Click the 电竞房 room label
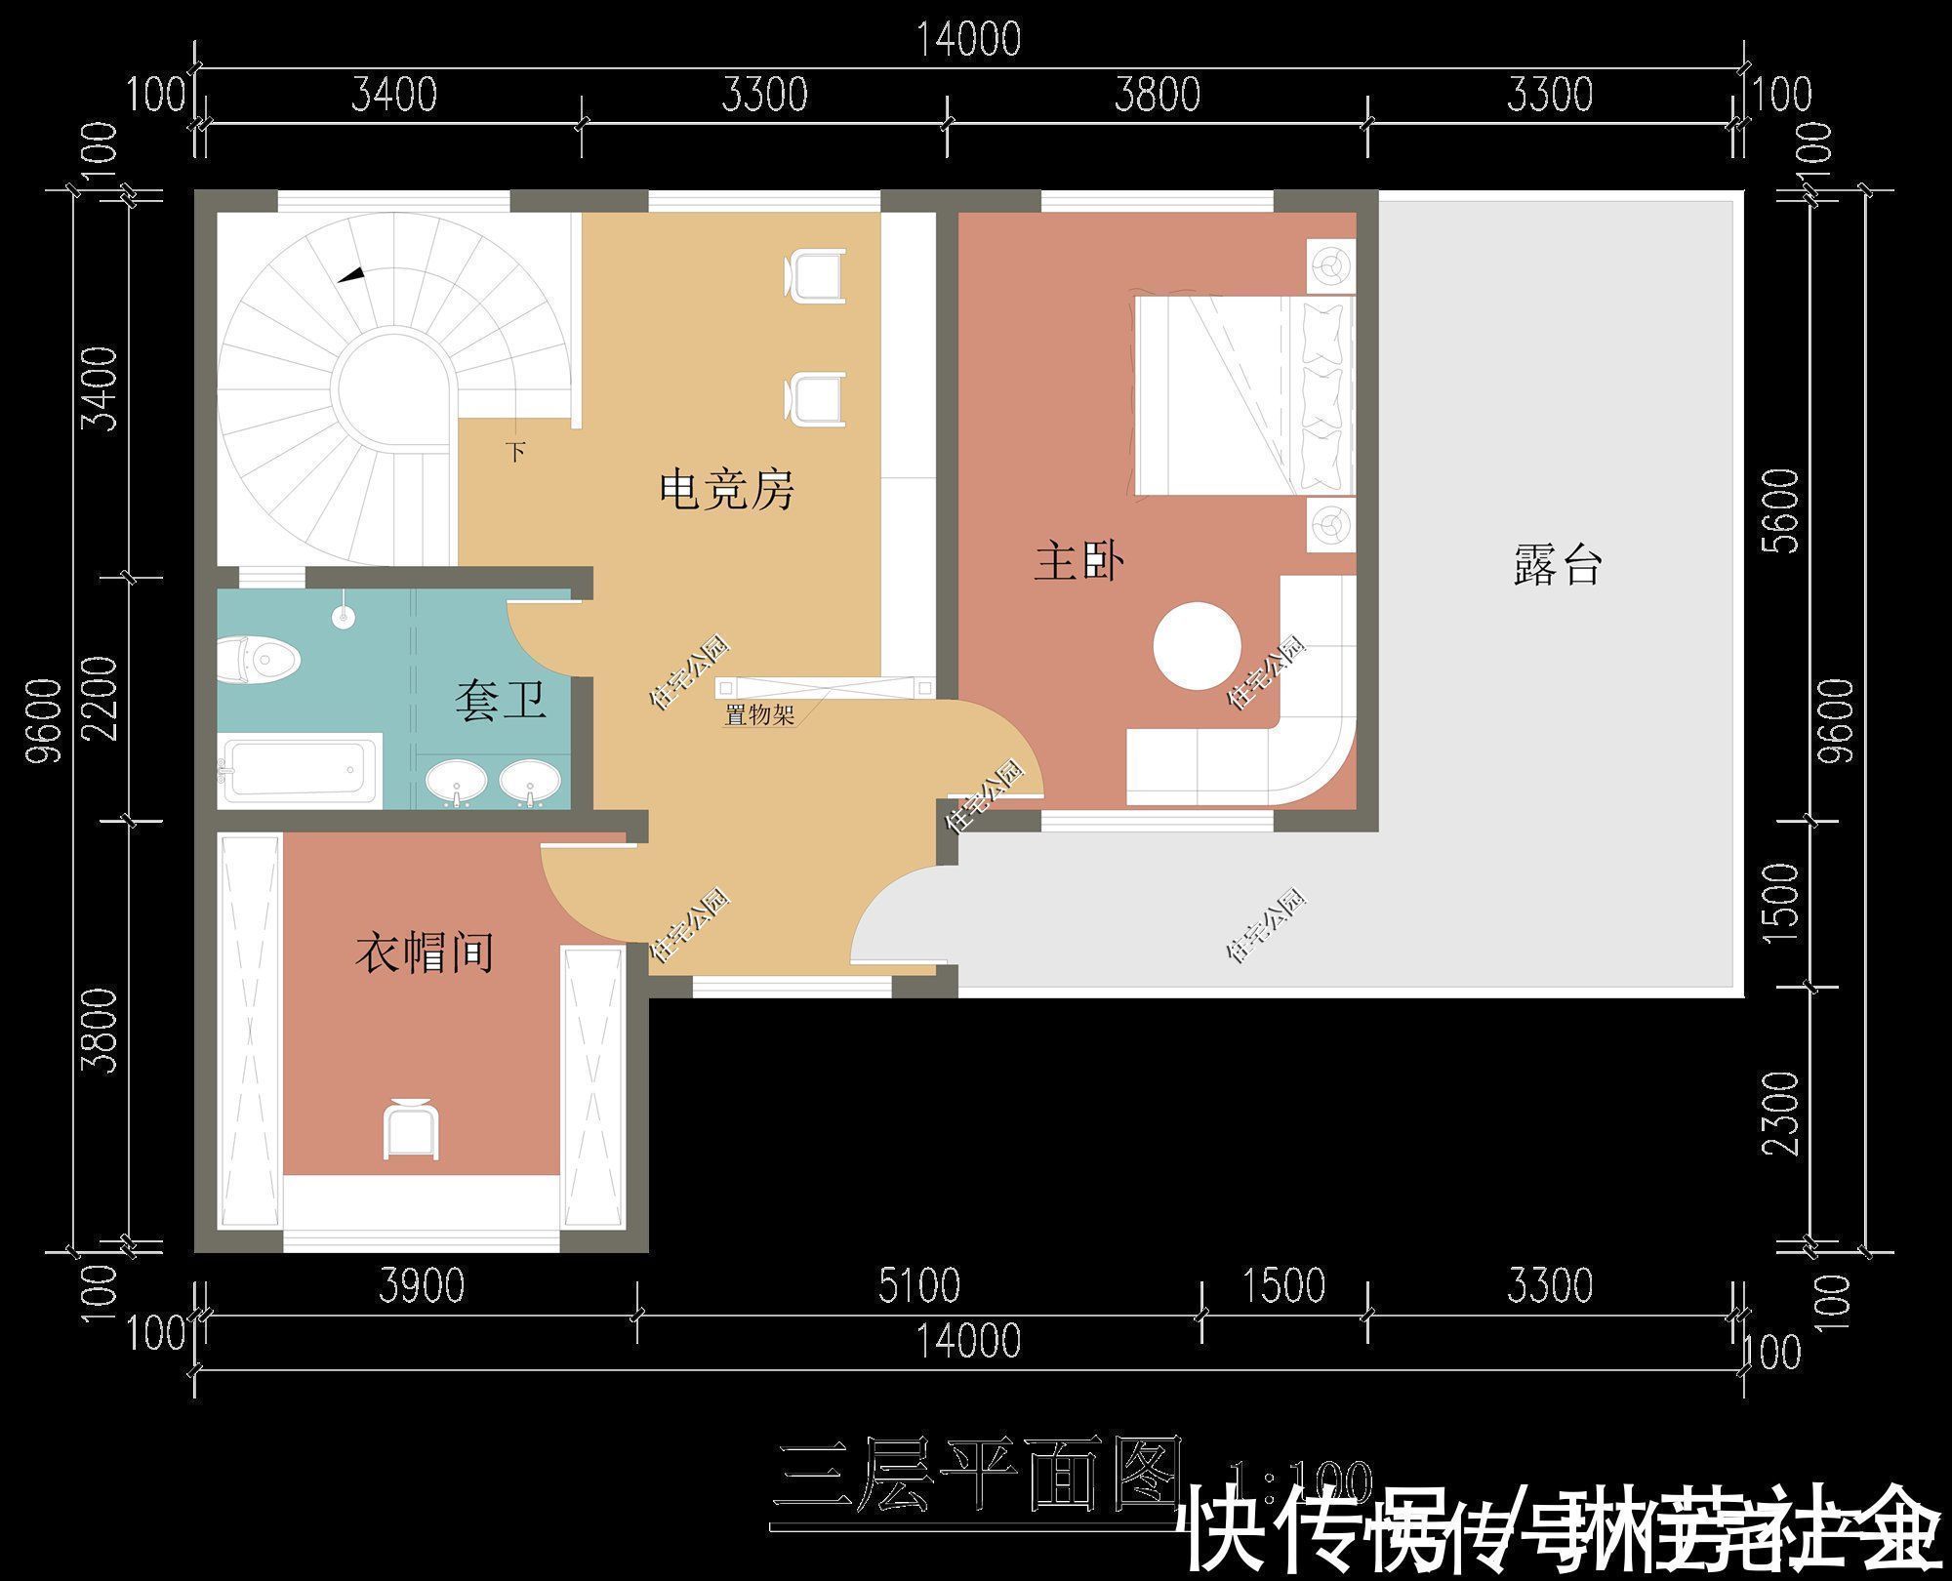point(727,489)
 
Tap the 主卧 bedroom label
point(1078,563)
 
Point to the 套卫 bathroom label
point(499,700)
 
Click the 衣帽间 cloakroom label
point(424,952)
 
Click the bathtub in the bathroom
point(299,770)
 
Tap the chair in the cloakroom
point(411,1128)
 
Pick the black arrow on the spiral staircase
point(352,275)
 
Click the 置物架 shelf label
point(758,715)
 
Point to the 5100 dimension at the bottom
point(918,1285)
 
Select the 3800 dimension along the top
point(1158,95)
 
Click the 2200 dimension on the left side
point(101,698)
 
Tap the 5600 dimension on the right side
point(1782,510)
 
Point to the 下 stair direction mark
point(516,452)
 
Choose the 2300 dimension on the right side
point(1782,1113)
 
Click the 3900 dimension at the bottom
point(422,1285)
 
